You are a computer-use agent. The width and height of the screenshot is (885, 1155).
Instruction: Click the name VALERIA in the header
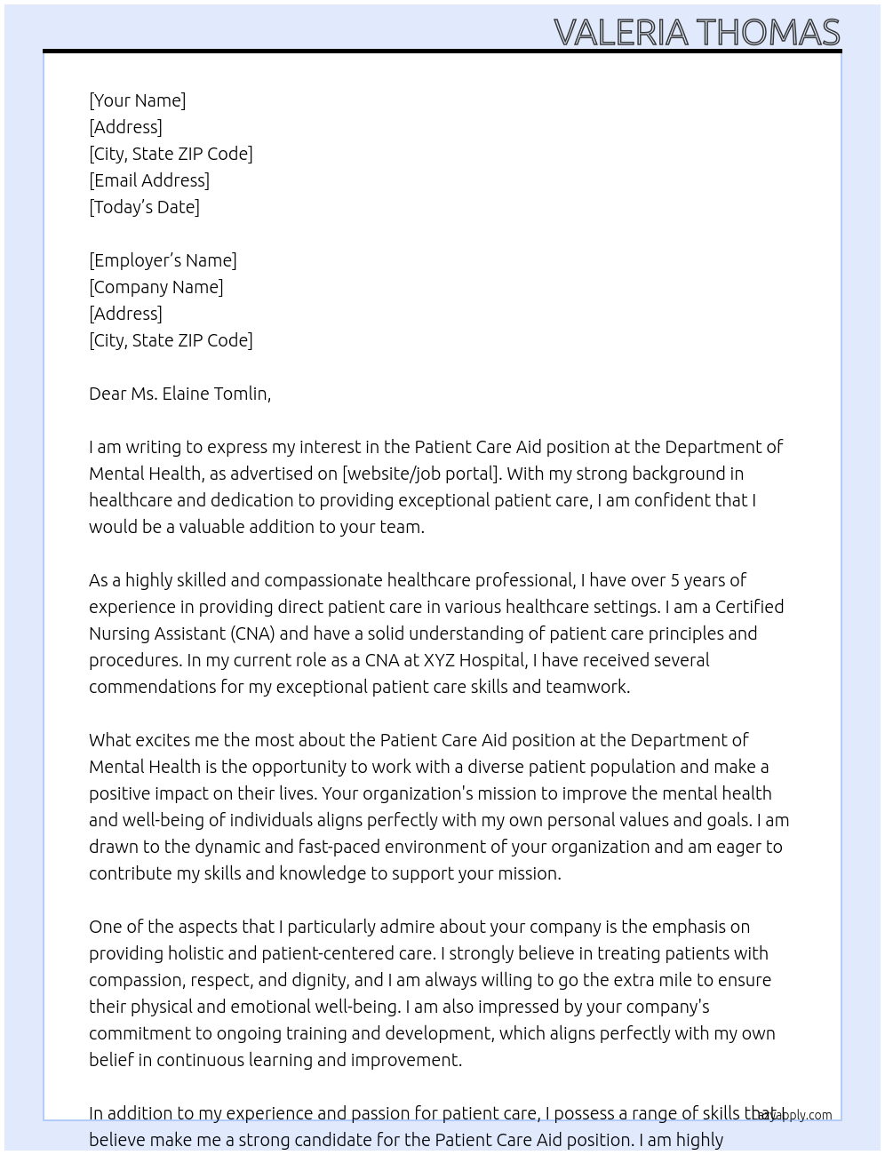click(x=621, y=33)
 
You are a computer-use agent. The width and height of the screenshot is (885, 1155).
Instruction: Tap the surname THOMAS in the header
click(x=768, y=33)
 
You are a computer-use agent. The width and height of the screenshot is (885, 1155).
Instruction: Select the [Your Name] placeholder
click(x=138, y=100)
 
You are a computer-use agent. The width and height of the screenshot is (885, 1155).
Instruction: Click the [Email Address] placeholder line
click(x=149, y=180)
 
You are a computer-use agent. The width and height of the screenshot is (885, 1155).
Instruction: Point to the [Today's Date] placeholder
click(x=144, y=207)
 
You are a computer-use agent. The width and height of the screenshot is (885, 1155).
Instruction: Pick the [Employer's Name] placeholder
click(x=163, y=260)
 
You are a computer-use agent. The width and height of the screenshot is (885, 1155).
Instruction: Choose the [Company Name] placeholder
click(x=156, y=287)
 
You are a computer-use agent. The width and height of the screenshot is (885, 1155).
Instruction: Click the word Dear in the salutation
click(x=108, y=394)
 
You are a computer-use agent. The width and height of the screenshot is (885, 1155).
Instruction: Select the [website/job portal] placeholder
click(x=419, y=474)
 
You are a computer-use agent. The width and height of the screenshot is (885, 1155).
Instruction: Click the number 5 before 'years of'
click(x=675, y=580)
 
